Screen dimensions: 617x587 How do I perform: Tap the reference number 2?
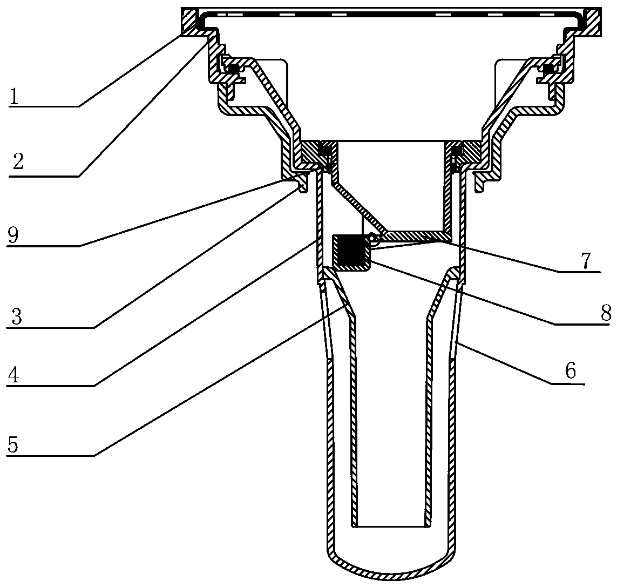click(x=18, y=161)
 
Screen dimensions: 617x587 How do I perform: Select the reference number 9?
click(x=12, y=236)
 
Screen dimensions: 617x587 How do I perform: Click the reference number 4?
click(x=13, y=376)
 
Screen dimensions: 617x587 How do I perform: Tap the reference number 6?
click(x=570, y=371)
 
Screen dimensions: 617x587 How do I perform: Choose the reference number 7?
click(x=586, y=260)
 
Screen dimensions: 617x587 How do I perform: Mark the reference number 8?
click(x=606, y=313)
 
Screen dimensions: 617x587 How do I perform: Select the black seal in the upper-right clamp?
click(x=548, y=69)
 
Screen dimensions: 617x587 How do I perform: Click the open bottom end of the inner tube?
click(x=390, y=526)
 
